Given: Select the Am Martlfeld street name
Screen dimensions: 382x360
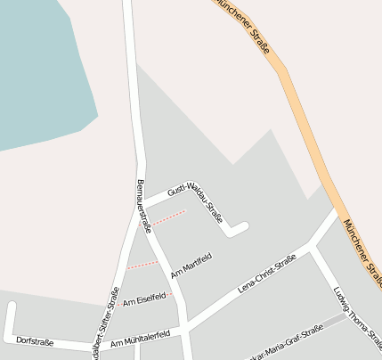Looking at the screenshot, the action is point(191,266).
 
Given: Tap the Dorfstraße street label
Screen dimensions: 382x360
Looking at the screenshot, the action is point(35,342).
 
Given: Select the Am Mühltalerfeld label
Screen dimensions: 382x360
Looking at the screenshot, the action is point(140,340).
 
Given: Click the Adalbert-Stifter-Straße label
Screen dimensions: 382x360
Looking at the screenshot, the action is point(105,320).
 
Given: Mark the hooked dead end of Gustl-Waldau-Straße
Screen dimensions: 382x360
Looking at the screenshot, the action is point(234,231).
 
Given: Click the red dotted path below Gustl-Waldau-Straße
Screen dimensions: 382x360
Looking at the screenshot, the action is point(168,217).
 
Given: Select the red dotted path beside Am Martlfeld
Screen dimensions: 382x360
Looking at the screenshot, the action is point(142,265).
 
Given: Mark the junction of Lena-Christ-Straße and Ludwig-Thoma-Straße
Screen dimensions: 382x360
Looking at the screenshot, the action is point(310,246).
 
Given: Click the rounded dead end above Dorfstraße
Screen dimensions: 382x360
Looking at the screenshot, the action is point(12,307).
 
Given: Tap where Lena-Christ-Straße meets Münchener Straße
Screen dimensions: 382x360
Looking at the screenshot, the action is point(336,214).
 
